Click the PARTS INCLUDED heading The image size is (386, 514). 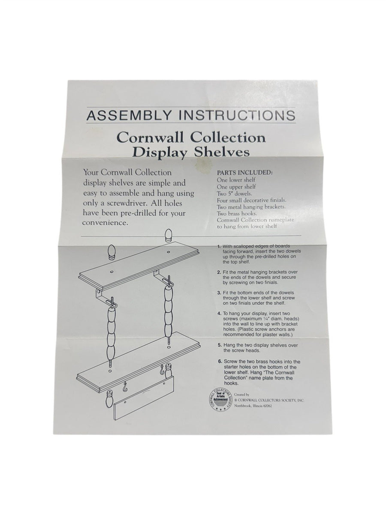(x=244, y=173)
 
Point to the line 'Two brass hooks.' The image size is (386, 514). (x=237, y=214)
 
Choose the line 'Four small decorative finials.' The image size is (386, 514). (x=251, y=200)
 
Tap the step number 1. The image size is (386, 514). (x=219, y=246)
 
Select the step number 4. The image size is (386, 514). (x=219, y=314)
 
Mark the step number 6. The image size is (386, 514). (x=220, y=362)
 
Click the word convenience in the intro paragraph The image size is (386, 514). (x=105, y=223)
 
